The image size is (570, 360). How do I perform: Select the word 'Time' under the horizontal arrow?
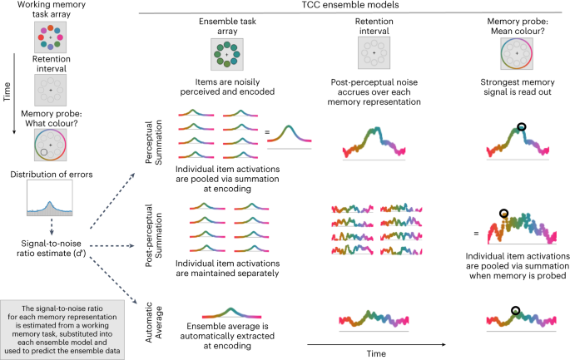374,353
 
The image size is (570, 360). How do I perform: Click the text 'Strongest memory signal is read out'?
519,88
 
